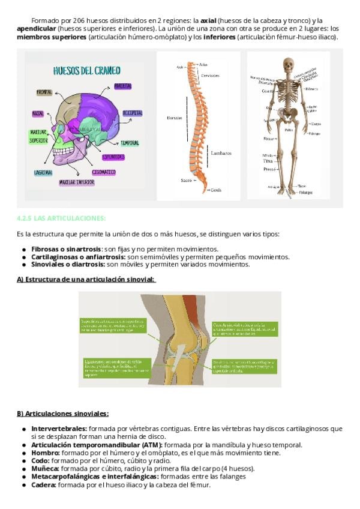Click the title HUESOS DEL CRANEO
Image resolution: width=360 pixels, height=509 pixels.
[86, 70]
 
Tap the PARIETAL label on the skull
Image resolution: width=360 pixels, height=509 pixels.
[122, 86]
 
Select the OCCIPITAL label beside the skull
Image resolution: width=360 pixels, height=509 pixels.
[132, 113]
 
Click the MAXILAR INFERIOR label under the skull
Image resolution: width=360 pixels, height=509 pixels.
[77, 181]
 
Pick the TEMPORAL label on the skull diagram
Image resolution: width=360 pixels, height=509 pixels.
[130, 143]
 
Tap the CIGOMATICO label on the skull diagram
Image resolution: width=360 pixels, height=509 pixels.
[104, 172]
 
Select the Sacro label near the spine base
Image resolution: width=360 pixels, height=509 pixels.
[186, 180]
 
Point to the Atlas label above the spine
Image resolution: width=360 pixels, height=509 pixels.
[203, 64]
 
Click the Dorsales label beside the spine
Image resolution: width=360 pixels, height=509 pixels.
[174, 118]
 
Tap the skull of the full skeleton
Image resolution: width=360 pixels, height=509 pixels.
[289, 65]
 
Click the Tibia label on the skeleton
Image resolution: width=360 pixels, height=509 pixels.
[268, 161]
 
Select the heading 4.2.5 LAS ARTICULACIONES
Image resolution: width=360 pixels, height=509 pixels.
[61, 218]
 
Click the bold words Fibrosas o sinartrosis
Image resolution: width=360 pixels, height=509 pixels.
[66, 249]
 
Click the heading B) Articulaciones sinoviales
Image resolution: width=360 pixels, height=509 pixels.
[63, 414]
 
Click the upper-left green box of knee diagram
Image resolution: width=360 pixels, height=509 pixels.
[112, 325]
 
